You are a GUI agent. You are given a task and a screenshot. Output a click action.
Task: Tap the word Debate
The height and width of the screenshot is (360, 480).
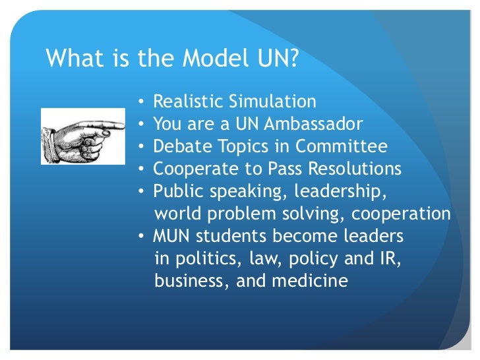click(176, 147)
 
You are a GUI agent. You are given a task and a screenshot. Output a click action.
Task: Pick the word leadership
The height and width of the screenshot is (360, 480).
click(341, 192)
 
